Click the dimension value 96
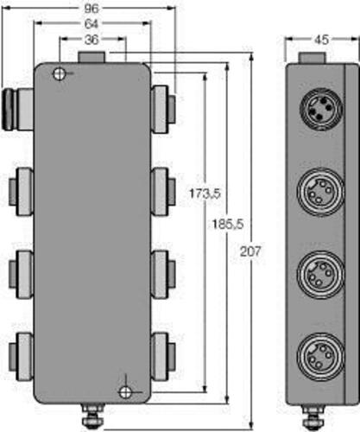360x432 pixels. [92, 9]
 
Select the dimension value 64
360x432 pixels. [92, 24]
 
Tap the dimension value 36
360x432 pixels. [92, 40]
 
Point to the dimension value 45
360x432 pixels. [321, 40]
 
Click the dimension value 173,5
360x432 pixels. [205, 194]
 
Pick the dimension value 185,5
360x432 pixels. [228, 225]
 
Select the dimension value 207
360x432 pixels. [250, 251]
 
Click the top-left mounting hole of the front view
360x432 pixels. [59, 73]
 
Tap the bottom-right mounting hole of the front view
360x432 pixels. [125, 391]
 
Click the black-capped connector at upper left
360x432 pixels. [18, 109]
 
